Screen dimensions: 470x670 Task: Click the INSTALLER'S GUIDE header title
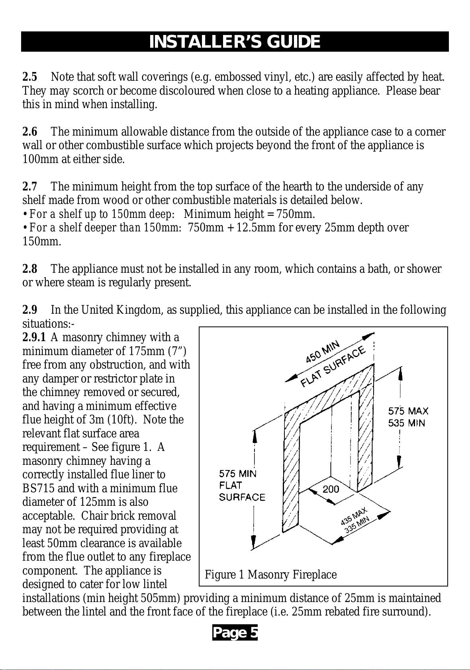tap(235, 42)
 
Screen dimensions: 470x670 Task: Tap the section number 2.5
tap(29, 77)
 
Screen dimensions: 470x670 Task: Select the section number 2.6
tap(29, 132)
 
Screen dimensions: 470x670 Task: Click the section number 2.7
tap(29, 186)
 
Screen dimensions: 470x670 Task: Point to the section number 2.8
tap(29, 269)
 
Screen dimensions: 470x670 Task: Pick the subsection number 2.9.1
tap(34, 337)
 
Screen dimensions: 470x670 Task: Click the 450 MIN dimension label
tap(322, 352)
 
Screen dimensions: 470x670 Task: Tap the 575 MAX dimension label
tap(408, 411)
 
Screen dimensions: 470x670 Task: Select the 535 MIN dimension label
tap(407, 423)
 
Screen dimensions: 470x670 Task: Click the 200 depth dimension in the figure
tap(331, 489)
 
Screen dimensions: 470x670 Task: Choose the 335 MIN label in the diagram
tap(357, 524)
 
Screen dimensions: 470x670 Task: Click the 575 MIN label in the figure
tap(237, 474)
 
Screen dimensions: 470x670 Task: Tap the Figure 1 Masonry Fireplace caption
tap(270, 574)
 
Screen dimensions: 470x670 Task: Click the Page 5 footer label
tap(235, 633)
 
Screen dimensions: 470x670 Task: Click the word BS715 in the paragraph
tap(38, 488)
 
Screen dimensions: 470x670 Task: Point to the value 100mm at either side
tap(40, 159)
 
